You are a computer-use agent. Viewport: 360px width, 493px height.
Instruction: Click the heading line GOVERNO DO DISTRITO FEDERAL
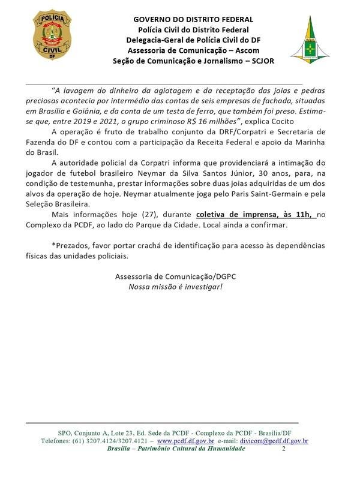(193, 20)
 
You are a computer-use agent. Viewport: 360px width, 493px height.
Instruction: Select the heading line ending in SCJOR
(193, 61)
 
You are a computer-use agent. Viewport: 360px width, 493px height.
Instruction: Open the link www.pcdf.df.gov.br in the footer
(185, 441)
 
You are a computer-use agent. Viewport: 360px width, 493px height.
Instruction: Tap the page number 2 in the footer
(283, 449)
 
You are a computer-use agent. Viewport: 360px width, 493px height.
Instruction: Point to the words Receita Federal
(224, 143)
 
